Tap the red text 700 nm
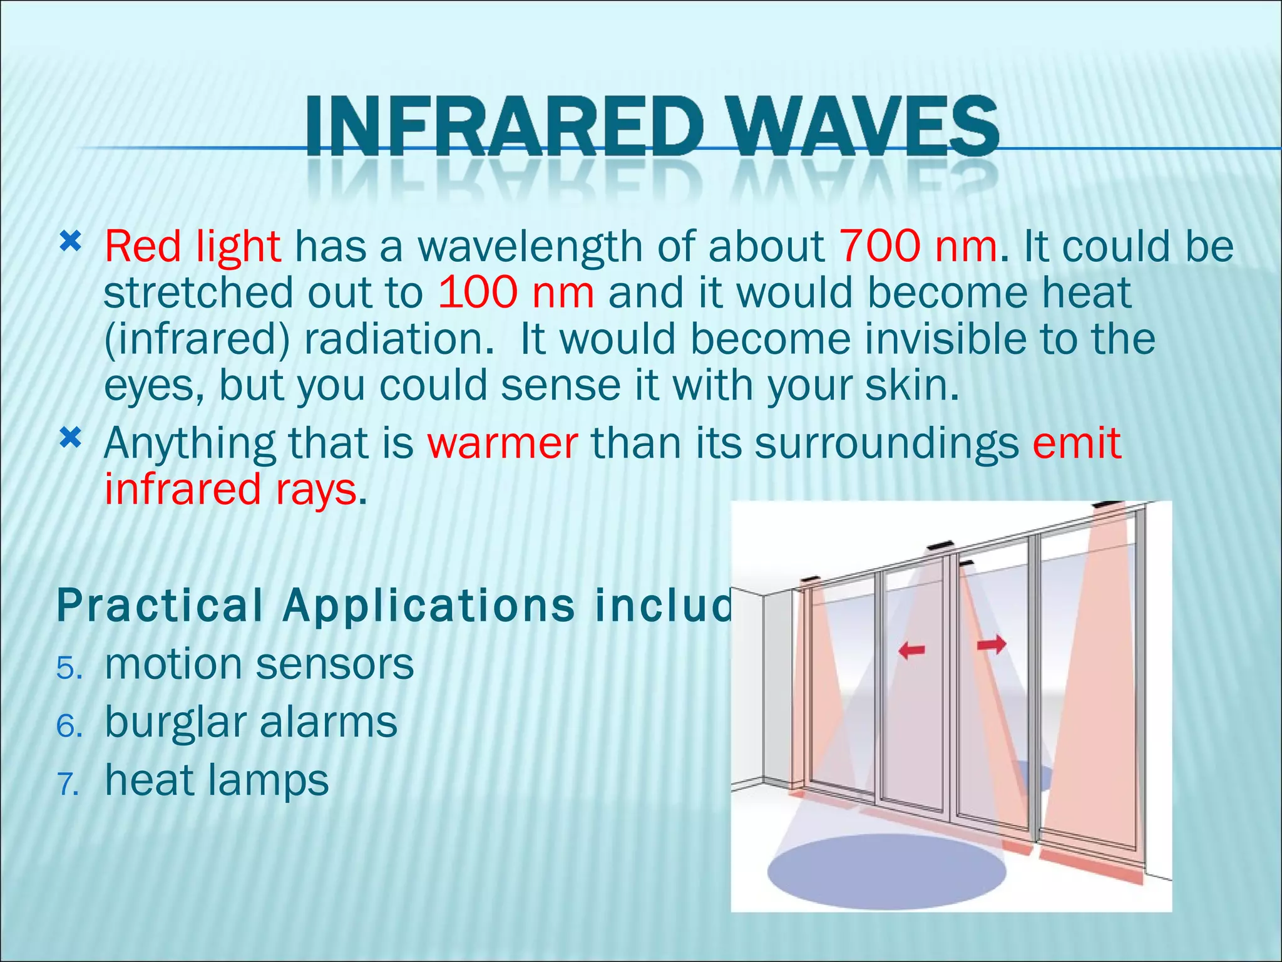click(x=918, y=246)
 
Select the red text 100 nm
click(x=516, y=292)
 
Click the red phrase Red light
click(x=192, y=246)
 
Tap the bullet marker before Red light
click(x=71, y=240)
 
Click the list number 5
click(x=68, y=668)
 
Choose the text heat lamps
click(x=217, y=780)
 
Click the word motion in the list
click(x=173, y=664)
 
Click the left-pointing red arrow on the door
click(x=911, y=651)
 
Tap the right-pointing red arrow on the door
click(x=992, y=643)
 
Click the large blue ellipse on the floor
click(x=885, y=871)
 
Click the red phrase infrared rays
click(x=230, y=489)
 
